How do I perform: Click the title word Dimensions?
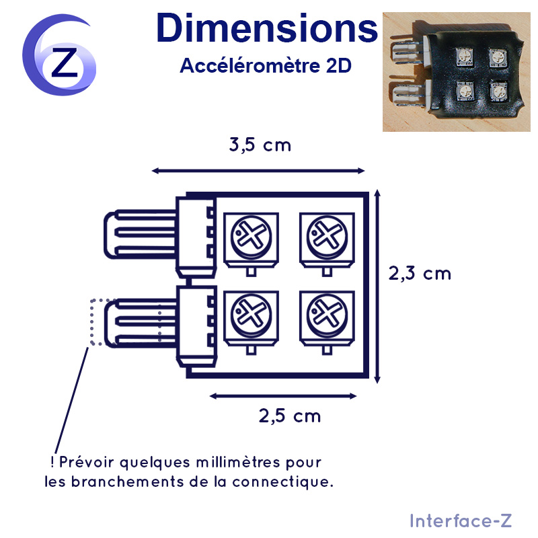pos(267,28)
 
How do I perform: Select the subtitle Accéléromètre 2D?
pos(266,65)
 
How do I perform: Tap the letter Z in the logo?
pos(65,63)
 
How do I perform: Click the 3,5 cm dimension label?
pos(260,145)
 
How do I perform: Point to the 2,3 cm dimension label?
pos(420,274)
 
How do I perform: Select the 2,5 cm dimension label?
pos(290,416)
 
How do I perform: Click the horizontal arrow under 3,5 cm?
pos(258,171)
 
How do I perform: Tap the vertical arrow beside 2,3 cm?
pos(377,286)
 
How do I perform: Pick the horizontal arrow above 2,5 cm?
pos(283,396)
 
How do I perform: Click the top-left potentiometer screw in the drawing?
pos(251,237)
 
